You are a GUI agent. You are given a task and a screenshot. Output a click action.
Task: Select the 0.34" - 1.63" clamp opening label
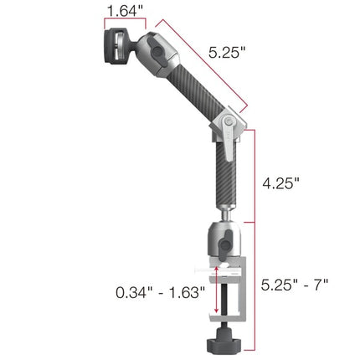pos(158,294)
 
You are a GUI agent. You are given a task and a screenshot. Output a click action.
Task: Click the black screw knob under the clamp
pos(224,343)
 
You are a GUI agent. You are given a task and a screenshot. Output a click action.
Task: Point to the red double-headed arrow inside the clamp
pos(217,293)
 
